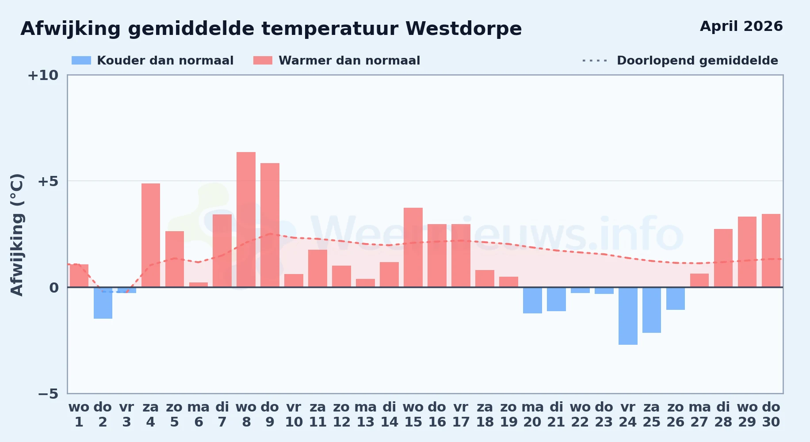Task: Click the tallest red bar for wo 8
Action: [x=246, y=220]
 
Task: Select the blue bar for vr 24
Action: [x=628, y=316]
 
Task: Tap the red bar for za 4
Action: [x=151, y=235]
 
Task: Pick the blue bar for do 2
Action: [x=103, y=303]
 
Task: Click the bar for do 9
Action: [x=270, y=225]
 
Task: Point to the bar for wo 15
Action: [x=413, y=248]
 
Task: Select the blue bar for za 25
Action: [x=652, y=310]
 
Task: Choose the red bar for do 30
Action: [x=771, y=251]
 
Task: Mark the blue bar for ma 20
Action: [x=532, y=300]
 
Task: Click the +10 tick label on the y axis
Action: [x=43, y=75]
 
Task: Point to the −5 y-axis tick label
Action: [x=48, y=393]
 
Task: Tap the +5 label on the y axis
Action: [x=48, y=181]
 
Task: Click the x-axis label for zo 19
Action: [x=508, y=415]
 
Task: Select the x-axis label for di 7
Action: [x=222, y=415]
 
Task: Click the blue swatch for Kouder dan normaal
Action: [x=81, y=61]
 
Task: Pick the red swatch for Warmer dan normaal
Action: [x=263, y=61]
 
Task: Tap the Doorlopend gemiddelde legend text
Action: [x=697, y=61]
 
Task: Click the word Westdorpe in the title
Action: [x=463, y=29]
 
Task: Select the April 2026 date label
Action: [x=741, y=27]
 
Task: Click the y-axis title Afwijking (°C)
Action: [x=17, y=235]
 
